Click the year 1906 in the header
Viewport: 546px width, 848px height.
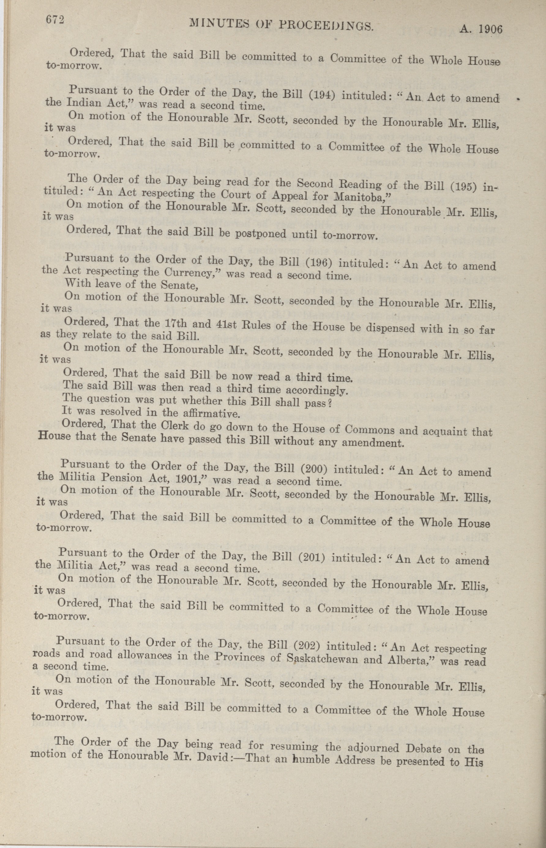point(491,29)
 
